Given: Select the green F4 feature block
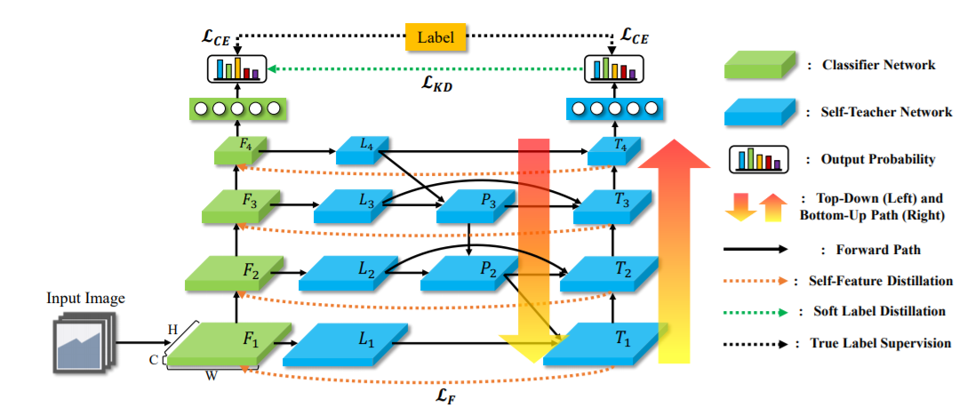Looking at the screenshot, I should tap(236, 148).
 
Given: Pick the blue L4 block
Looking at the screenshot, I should tap(363, 148).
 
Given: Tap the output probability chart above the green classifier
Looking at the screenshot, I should tap(235, 68).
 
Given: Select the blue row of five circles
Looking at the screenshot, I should tap(612, 108).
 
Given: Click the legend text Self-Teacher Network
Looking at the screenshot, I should tap(889, 112).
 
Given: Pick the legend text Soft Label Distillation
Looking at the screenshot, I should tap(879, 311).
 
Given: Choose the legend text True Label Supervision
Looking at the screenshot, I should tap(881, 342).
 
